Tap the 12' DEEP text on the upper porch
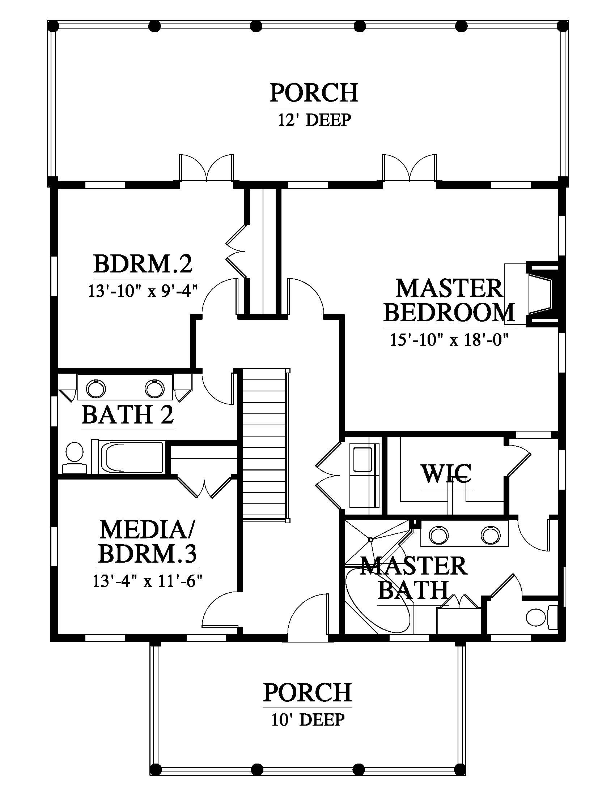click(x=314, y=120)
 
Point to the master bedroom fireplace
click(x=542, y=293)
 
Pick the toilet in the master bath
click(x=542, y=617)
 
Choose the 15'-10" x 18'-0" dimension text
click(x=449, y=340)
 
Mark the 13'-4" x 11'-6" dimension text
click(x=147, y=581)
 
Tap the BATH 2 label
click(x=127, y=414)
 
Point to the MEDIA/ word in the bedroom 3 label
click(x=147, y=530)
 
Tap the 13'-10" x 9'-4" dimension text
click(x=143, y=292)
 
